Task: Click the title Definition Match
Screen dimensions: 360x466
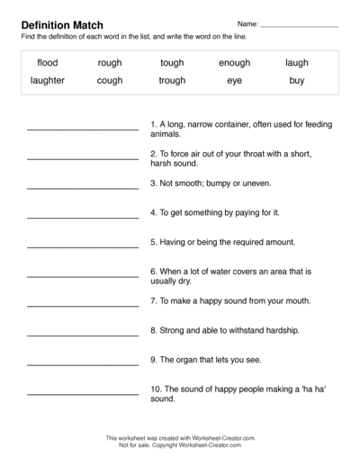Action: (62, 24)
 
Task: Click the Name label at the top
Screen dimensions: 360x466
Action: (247, 23)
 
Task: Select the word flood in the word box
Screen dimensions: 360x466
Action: (48, 63)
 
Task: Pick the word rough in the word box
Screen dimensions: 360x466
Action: (110, 63)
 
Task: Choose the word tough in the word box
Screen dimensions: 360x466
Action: (172, 63)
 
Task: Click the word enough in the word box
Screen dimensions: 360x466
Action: (234, 63)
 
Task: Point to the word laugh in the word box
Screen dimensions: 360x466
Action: (297, 63)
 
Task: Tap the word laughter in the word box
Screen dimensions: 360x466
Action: (48, 80)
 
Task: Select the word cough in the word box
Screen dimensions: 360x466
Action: (110, 80)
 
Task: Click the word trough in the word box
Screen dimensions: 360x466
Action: (172, 80)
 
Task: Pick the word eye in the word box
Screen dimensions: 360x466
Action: (234, 80)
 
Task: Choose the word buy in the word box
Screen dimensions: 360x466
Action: (297, 80)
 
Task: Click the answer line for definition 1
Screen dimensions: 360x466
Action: (83, 128)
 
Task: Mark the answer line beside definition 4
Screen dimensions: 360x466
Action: (83, 217)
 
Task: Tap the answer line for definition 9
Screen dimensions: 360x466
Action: (83, 363)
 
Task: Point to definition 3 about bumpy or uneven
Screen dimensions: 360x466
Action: (211, 183)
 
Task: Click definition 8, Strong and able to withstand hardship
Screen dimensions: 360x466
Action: (225, 330)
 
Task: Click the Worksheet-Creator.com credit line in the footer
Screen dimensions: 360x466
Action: (180, 437)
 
